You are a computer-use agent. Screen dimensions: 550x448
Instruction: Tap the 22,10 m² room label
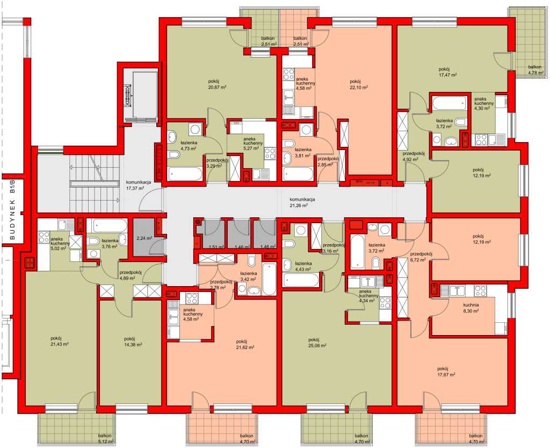point(359,87)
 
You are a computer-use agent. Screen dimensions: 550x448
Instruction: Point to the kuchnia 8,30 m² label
point(471,308)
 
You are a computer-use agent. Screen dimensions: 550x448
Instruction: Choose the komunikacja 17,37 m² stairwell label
point(139,185)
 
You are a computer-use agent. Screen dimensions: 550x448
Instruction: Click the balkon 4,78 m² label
point(536,70)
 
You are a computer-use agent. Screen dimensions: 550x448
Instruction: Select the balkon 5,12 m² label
point(106,438)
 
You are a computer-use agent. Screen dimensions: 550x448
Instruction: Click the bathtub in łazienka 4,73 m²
point(185,173)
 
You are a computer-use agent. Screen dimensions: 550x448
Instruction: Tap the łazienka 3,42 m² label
point(249,276)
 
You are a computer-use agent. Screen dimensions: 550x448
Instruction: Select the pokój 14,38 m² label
point(133,342)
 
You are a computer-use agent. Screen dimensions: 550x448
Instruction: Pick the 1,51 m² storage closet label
point(216,247)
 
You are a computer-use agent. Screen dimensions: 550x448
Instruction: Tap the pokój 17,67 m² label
point(446,372)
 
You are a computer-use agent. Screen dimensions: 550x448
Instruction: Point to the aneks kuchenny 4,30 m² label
point(484,104)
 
